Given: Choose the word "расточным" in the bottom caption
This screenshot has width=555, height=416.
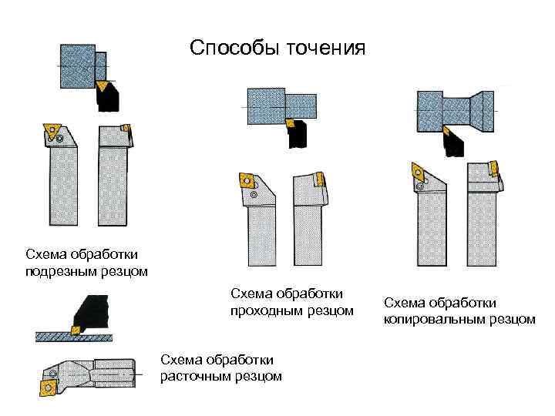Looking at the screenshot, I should (194, 376).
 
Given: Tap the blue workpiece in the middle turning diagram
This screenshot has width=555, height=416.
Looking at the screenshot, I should (286, 106).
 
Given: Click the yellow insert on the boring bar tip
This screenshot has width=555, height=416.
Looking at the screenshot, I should (47, 383).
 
